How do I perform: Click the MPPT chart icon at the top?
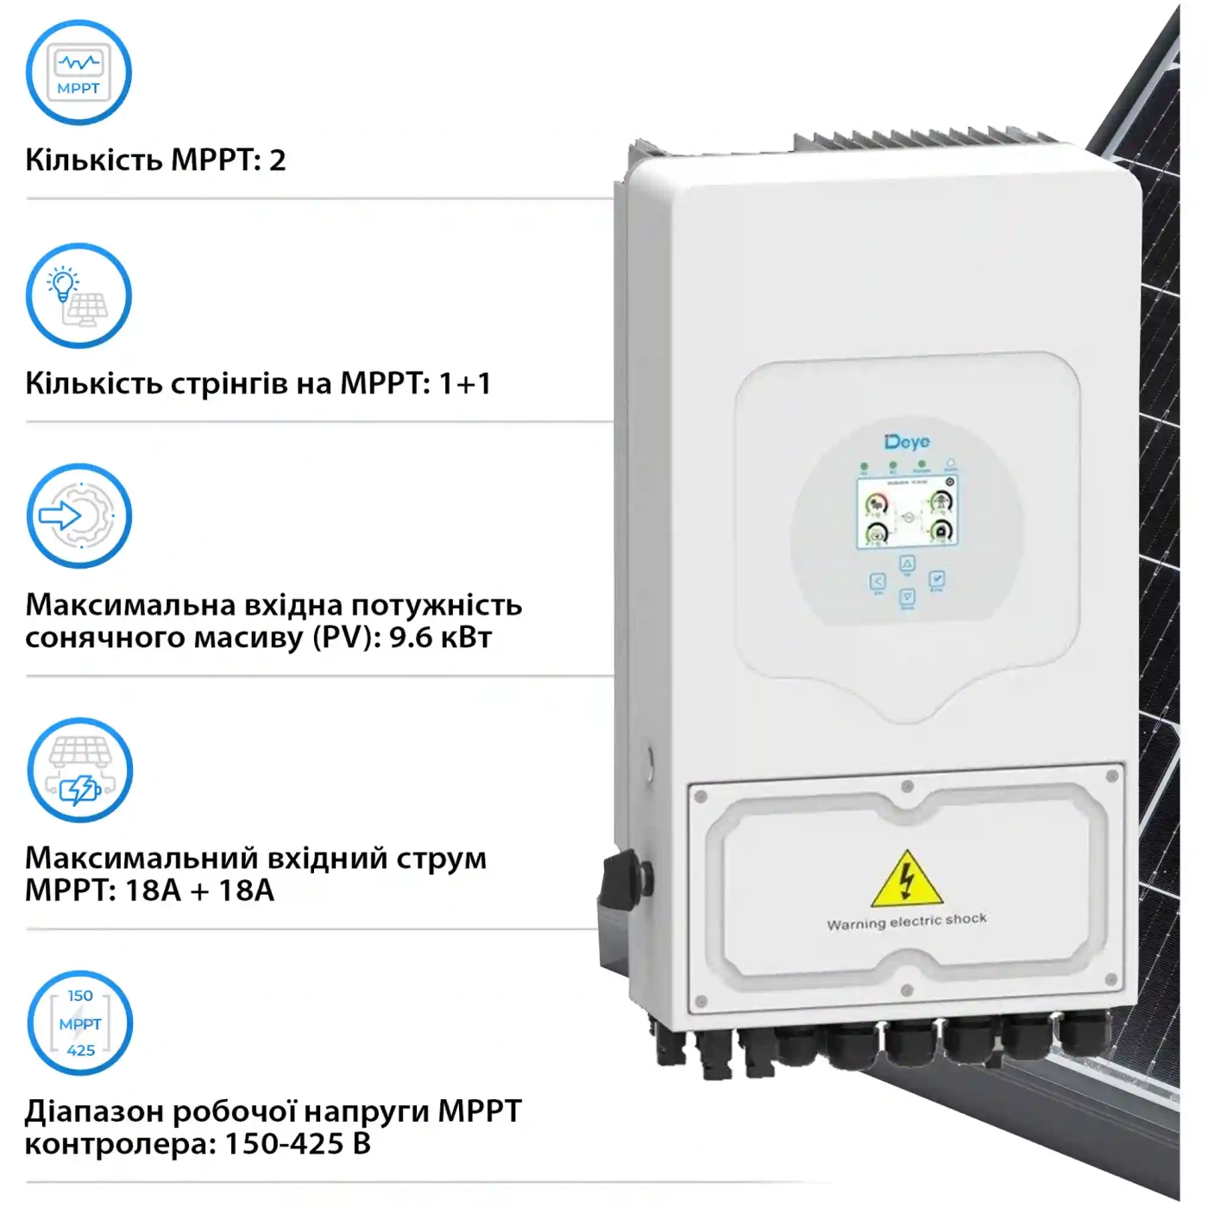(79, 72)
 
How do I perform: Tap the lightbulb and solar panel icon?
(79, 296)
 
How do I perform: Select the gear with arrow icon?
(79, 516)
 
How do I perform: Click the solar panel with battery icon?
(79, 771)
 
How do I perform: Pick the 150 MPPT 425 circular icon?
(79, 1023)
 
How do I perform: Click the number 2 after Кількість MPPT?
(277, 160)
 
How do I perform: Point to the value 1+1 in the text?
(464, 383)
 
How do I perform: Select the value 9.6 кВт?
(440, 638)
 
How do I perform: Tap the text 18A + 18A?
(199, 890)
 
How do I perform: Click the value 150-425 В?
(297, 1144)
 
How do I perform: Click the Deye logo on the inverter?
(907, 442)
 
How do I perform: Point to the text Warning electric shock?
(906, 922)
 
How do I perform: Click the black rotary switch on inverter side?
(623, 880)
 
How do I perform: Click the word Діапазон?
(93, 1111)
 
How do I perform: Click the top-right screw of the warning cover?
(1111, 777)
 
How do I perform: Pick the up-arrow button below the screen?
(907, 564)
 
